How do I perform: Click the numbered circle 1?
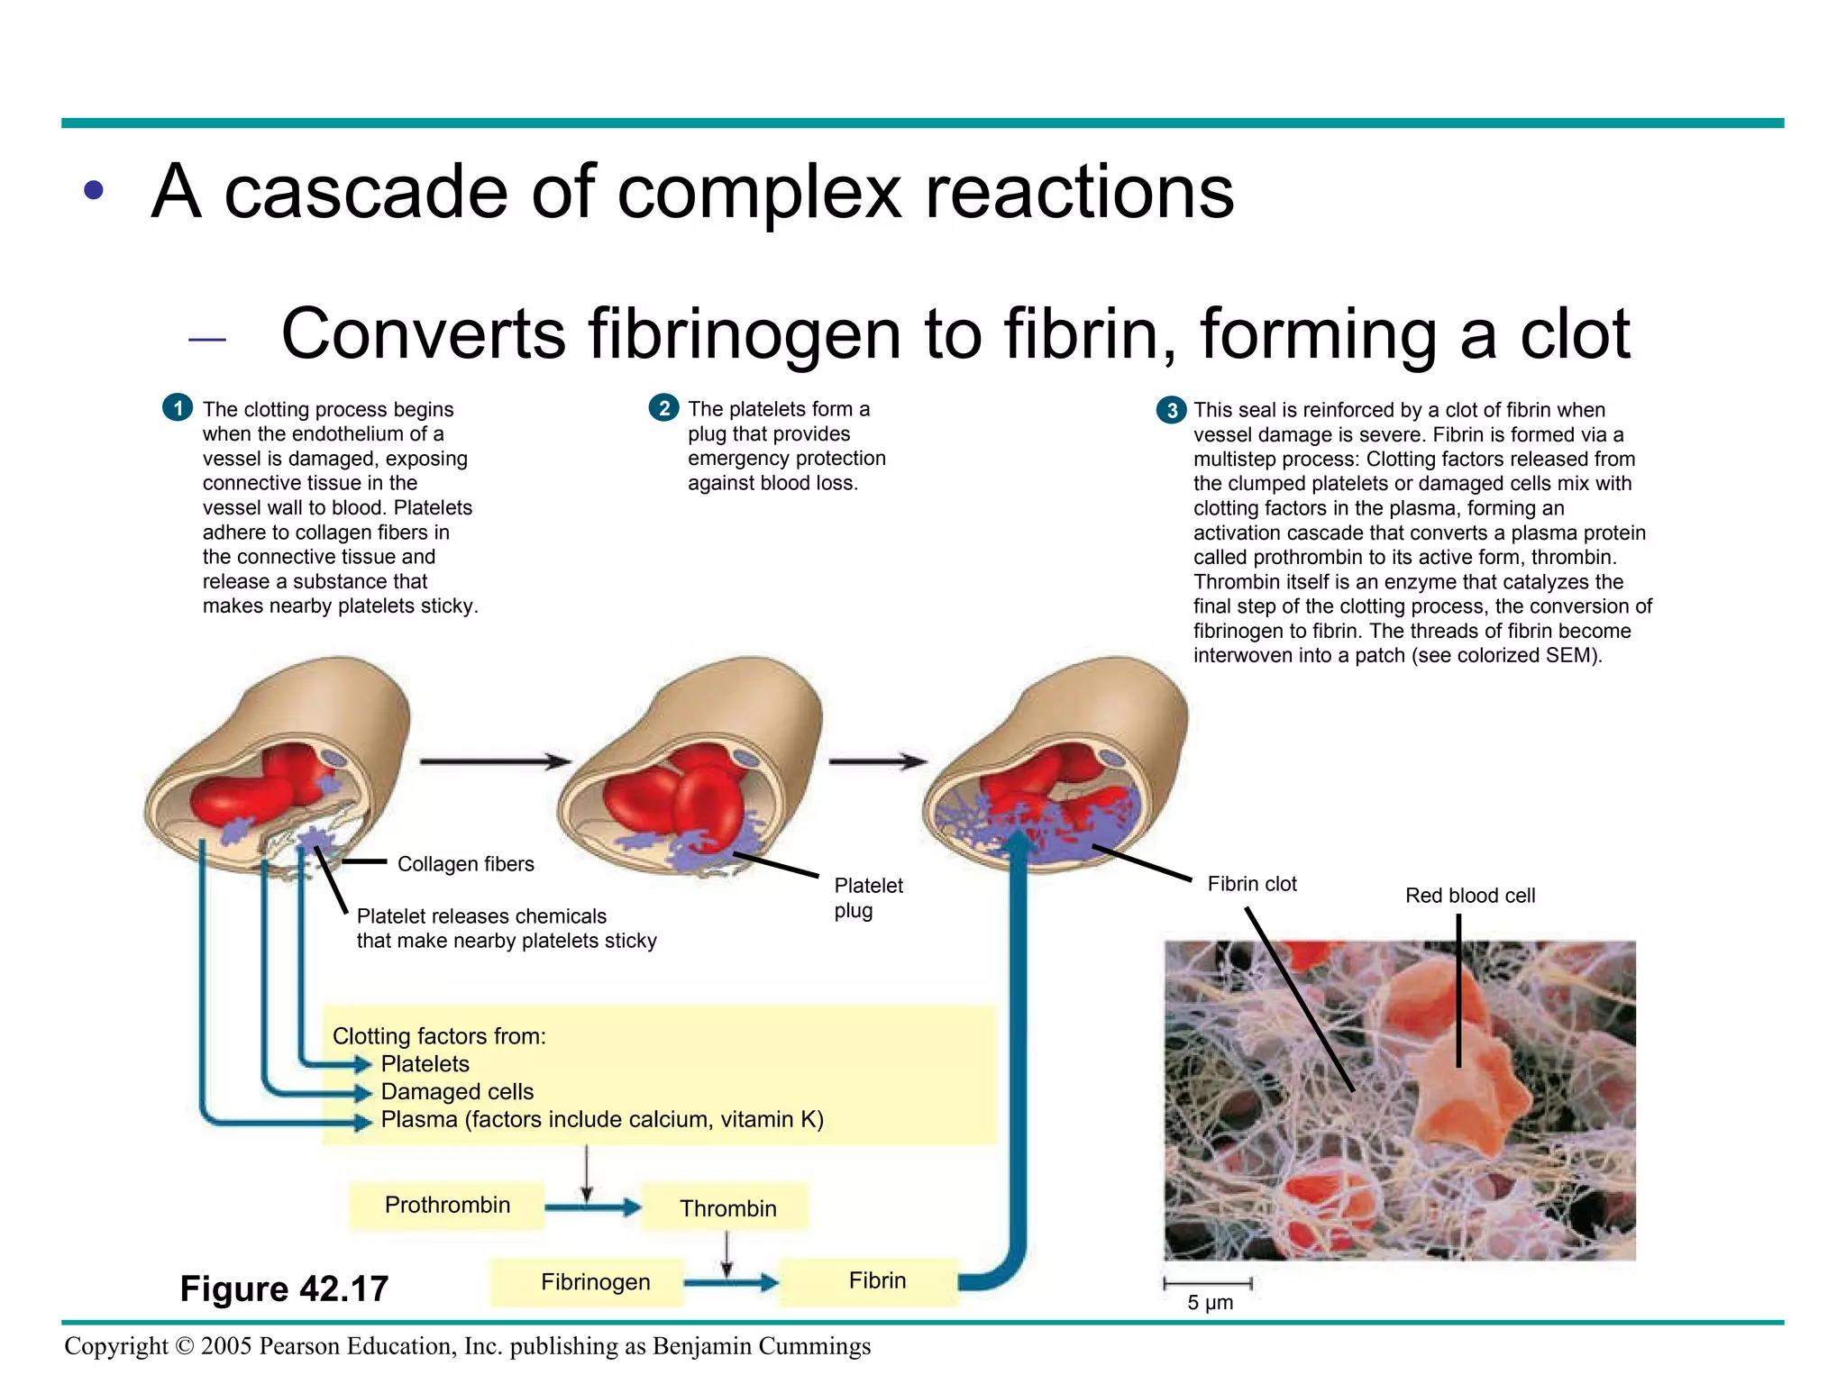coord(178,408)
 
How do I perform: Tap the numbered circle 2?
coord(663,408)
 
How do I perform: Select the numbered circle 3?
coord(1171,411)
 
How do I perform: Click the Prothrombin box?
coord(447,1206)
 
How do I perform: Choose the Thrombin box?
coord(727,1208)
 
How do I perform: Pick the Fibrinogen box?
coord(595,1281)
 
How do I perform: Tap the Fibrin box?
coord(876,1280)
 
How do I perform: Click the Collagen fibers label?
coord(465,864)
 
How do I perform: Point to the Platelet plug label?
coord(867,897)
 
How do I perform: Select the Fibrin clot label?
coord(1251,884)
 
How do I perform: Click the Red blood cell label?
coord(1469,896)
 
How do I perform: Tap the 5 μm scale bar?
coord(1208,1283)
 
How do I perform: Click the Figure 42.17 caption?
coord(284,1288)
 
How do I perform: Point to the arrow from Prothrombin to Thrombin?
coord(592,1207)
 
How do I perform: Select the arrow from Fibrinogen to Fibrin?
coord(730,1281)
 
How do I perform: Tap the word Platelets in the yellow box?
coord(425,1064)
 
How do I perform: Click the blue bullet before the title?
coord(94,190)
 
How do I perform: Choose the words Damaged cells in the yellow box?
coord(457,1092)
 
